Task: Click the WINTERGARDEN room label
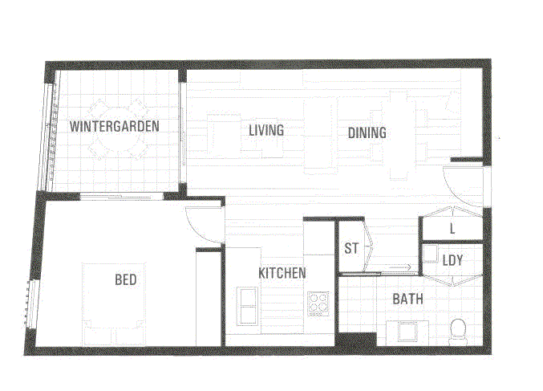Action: pyautogui.click(x=114, y=126)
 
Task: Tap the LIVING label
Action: pyautogui.click(x=266, y=130)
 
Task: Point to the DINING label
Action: pyautogui.click(x=367, y=132)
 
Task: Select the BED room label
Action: pyautogui.click(x=126, y=279)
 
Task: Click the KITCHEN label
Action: pyautogui.click(x=282, y=273)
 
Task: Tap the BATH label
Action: pyautogui.click(x=407, y=299)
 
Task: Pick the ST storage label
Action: pyautogui.click(x=351, y=248)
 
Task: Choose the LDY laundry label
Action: pyautogui.click(x=452, y=260)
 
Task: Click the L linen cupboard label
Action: pyautogui.click(x=452, y=229)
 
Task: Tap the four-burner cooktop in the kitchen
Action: pyautogui.click(x=318, y=303)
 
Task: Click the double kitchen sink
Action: pyautogui.click(x=247, y=306)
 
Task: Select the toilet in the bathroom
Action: pyautogui.click(x=458, y=332)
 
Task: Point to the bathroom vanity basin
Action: pyautogui.click(x=408, y=332)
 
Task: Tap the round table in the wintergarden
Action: pyautogui.click(x=120, y=129)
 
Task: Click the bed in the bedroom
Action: pyautogui.click(x=114, y=304)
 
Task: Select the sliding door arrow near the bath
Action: pyautogui.click(x=399, y=267)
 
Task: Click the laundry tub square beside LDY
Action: pyautogui.click(x=431, y=254)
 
